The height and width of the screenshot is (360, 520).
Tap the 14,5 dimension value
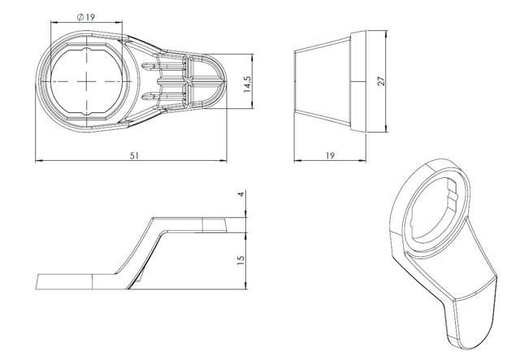click(246, 84)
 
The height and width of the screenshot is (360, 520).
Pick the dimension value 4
click(240, 196)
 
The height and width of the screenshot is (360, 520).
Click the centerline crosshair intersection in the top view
click(86, 83)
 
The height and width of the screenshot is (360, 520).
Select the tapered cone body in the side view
click(321, 82)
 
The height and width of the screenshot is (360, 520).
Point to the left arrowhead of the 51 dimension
click(38, 159)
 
